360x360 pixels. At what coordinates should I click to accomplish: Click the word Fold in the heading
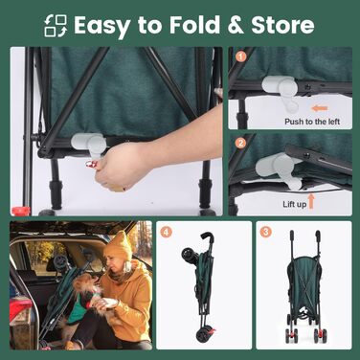pyautogui.click(x=194, y=25)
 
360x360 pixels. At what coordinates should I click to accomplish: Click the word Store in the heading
pyautogui.click(x=282, y=25)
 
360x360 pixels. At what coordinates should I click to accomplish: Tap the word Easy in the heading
pyautogui.click(x=101, y=27)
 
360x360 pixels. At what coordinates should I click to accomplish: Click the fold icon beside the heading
pyautogui.click(x=56, y=26)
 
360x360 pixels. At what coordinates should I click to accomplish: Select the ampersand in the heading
pyautogui.click(x=236, y=25)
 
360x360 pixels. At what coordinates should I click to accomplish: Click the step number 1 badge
pyautogui.click(x=241, y=56)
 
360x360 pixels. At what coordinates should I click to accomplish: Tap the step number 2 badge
pyautogui.click(x=241, y=144)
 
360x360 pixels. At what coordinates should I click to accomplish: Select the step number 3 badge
pyautogui.click(x=265, y=232)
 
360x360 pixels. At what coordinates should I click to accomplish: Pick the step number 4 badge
pyautogui.click(x=166, y=232)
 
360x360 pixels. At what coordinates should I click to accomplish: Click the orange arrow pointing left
pyautogui.click(x=320, y=108)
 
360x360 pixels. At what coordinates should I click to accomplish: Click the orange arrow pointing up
pyautogui.click(x=311, y=201)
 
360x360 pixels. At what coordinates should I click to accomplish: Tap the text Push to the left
pyautogui.click(x=312, y=122)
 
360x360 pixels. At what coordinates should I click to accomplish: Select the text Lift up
pyautogui.click(x=294, y=204)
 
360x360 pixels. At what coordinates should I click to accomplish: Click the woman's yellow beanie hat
pyautogui.click(x=119, y=245)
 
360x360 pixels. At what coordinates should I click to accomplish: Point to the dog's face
pyautogui.click(x=85, y=284)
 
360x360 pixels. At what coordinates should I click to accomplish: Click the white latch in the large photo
pyautogui.click(x=90, y=145)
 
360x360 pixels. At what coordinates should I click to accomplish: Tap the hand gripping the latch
pyautogui.click(x=122, y=167)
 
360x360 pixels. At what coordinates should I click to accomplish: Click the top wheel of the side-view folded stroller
pyautogui.click(x=188, y=256)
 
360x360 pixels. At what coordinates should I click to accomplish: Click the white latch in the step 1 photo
pyautogui.click(x=281, y=92)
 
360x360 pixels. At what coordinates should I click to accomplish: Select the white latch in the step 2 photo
pyautogui.click(x=280, y=169)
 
